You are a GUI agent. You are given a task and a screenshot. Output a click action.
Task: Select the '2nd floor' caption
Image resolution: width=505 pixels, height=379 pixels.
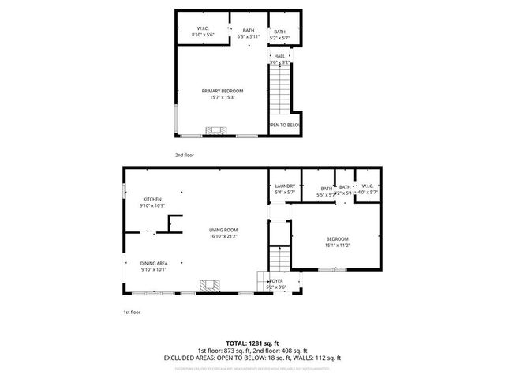pyautogui.click(x=183, y=156)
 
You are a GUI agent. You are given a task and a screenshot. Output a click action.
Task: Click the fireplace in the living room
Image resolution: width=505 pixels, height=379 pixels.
pyautogui.click(x=209, y=285)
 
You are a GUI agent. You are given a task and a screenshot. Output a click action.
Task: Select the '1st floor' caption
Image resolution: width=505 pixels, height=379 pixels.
pyautogui.click(x=131, y=313)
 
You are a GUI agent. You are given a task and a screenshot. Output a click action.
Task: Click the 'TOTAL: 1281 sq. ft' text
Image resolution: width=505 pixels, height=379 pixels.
pyautogui.click(x=252, y=343)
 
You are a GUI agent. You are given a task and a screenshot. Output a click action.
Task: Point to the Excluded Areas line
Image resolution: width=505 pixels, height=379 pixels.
pyautogui.click(x=252, y=358)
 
